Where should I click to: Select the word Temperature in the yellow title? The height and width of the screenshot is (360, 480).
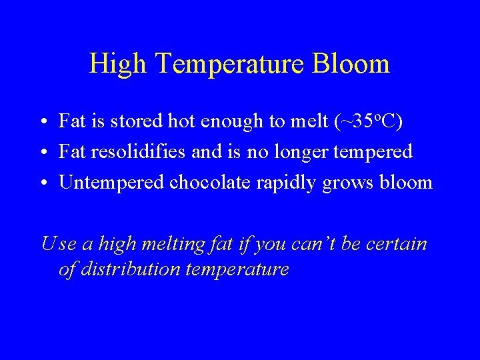[x=231, y=64]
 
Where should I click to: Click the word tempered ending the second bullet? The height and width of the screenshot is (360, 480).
[x=375, y=153]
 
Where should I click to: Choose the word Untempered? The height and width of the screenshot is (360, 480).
[x=111, y=183]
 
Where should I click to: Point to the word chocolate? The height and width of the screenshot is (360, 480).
[x=210, y=182]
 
